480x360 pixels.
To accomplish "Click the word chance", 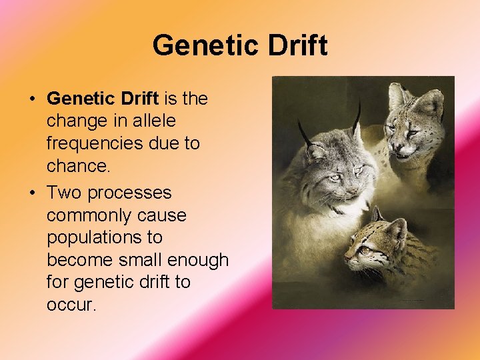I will coord(79,165).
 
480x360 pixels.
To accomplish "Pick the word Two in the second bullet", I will coord(64,193).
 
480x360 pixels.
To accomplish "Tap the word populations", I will coord(95,237).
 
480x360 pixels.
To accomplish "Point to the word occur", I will coord(71,305).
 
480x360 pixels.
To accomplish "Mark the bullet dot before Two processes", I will coord(32,193).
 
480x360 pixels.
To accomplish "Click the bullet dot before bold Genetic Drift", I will coord(32,99).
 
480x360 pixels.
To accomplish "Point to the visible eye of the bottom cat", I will coord(364,249).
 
